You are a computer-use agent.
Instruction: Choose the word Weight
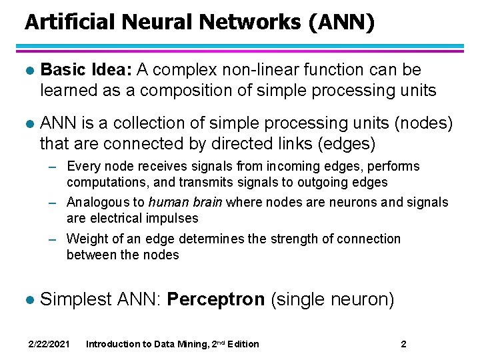(85, 239)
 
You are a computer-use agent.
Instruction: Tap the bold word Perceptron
(215, 299)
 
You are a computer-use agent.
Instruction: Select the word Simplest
(75, 299)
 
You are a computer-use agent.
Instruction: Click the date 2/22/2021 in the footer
(49, 344)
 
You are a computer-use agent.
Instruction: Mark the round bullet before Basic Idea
(27, 70)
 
